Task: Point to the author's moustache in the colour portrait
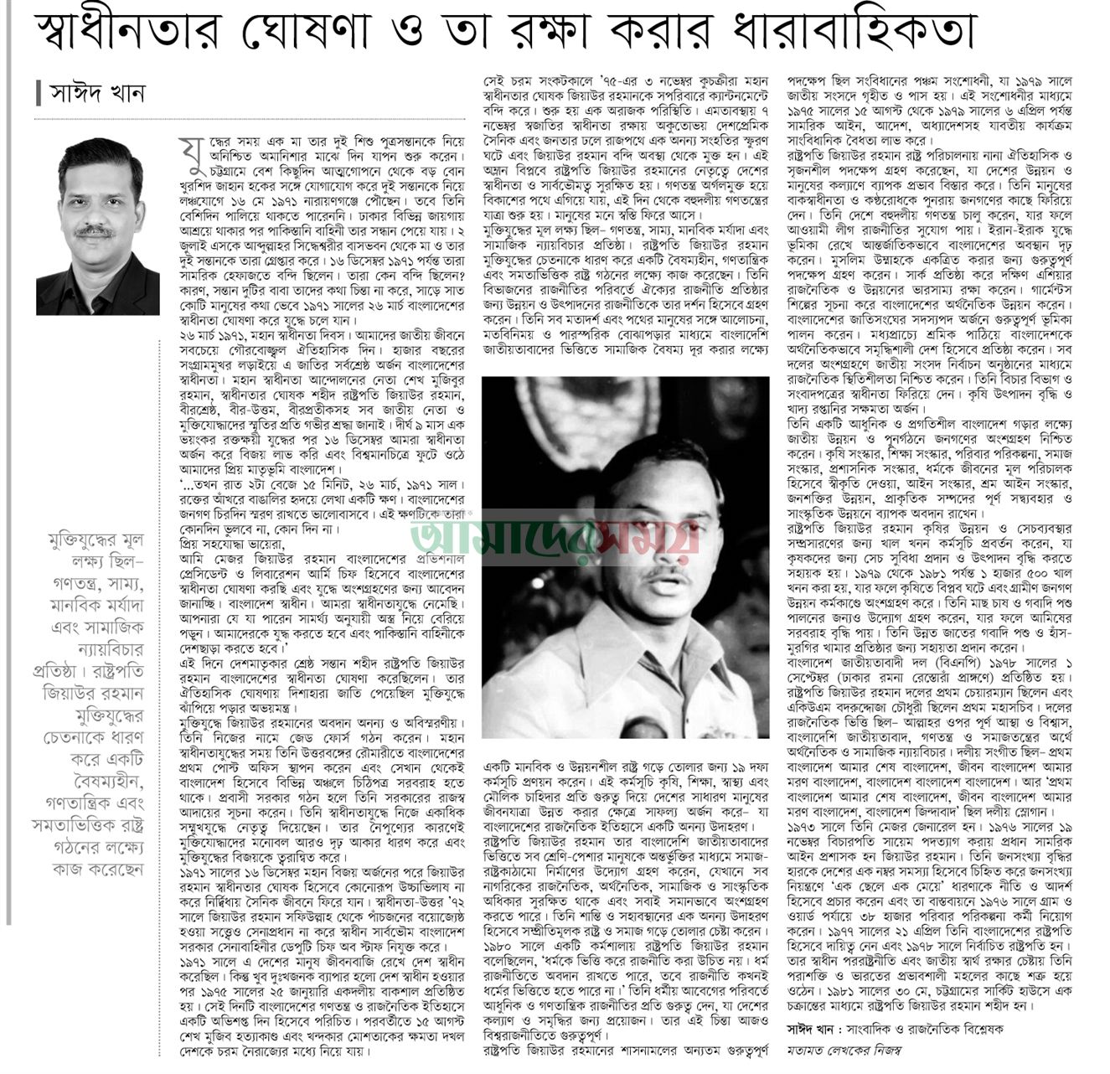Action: point(97,232)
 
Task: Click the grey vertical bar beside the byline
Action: point(39,92)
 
